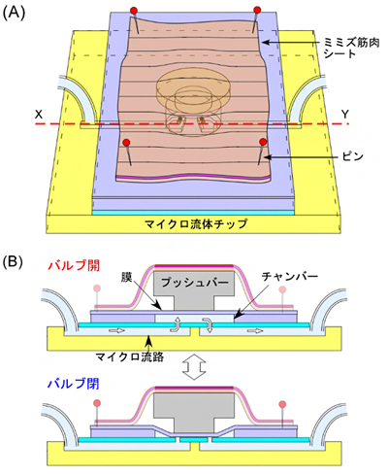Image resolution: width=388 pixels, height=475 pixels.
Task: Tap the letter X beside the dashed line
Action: click(x=39, y=114)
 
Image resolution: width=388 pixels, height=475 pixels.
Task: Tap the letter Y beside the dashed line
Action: click(x=345, y=114)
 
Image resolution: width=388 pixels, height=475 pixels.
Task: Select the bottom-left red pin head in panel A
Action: click(x=126, y=144)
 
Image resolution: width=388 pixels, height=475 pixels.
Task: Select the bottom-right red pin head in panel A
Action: click(x=264, y=144)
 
